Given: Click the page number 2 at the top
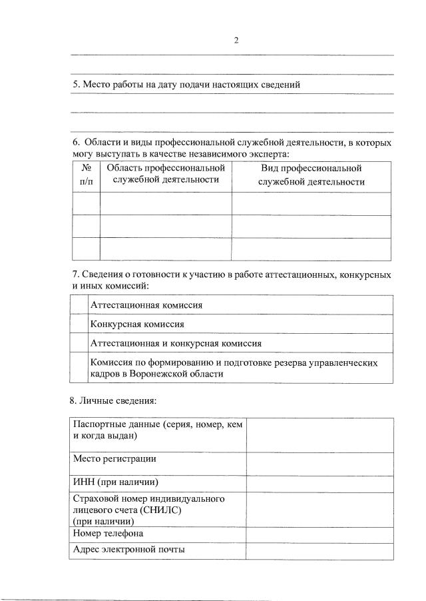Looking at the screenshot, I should tap(236, 40).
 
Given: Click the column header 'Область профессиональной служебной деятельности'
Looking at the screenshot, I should tap(166, 174).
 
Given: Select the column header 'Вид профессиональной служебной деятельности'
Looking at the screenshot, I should tap(311, 175).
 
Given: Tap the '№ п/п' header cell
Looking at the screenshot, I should tap(86, 175).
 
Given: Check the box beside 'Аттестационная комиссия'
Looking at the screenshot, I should tap(79, 305).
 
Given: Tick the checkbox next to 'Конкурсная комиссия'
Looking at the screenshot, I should tap(79, 324).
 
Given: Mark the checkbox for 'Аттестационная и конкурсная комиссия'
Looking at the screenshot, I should tap(79, 343).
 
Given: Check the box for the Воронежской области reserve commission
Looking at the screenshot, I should tap(79, 368).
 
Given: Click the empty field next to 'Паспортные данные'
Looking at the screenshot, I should tap(319, 433).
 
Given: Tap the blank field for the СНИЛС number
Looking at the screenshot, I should tap(319, 510).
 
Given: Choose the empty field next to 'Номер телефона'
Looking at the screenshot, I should tap(319, 534).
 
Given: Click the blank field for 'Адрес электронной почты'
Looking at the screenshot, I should tap(319, 551).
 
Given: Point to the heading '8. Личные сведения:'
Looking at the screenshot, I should tap(112, 401).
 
